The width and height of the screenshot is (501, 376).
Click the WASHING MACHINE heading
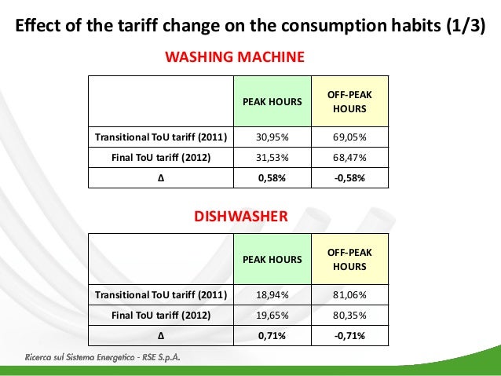pyautogui.click(x=233, y=57)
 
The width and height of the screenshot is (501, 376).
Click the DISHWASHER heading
pyautogui.click(x=240, y=214)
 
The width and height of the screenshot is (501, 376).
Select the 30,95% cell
pyautogui.click(x=273, y=137)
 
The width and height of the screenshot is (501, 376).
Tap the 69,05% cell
pyautogui.click(x=349, y=137)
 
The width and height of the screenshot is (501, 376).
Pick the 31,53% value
pyautogui.click(x=273, y=157)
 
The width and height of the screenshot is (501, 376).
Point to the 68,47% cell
pyautogui.click(x=349, y=157)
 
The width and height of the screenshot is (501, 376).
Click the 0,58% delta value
pyautogui.click(x=273, y=177)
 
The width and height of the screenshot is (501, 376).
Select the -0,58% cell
pyautogui.click(x=349, y=177)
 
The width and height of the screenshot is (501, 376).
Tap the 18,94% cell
pyautogui.click(x=273, y=295)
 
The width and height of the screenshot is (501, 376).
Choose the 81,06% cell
pyautogui.click(x=349, y=295)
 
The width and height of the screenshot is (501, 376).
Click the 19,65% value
pyautogui.click(x=273, y=316)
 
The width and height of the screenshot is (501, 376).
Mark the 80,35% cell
pyautogui.click(x=349, y=316)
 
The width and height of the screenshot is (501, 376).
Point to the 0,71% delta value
pyautogui.click(x=273, y=336)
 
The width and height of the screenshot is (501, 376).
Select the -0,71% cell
pyautogui.click(x=349, y=336)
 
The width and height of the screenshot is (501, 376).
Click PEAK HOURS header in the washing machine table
pyautogui.click(x=273, y=101)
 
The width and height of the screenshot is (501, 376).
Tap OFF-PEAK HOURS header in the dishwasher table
pyautogui.click(x=349, y=259)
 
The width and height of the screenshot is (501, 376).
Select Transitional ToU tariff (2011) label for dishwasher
pyautogui.click(x=161, y=295)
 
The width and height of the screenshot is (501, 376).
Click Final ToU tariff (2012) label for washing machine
pyautogui.click(x=161, y=157)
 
